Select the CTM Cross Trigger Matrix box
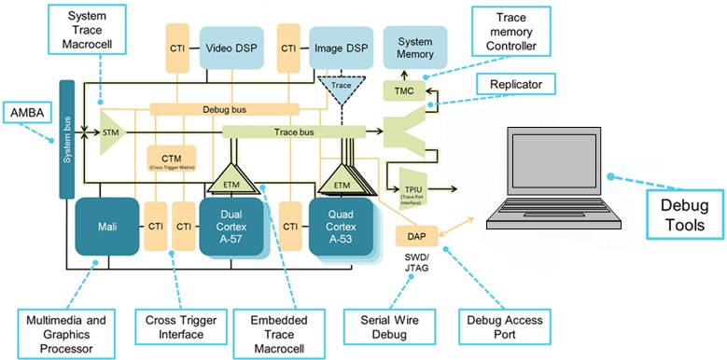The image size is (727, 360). (x=171, y=159)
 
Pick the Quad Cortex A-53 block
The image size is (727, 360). (x=338, y=226)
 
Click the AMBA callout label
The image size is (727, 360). (x=29, y=114)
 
